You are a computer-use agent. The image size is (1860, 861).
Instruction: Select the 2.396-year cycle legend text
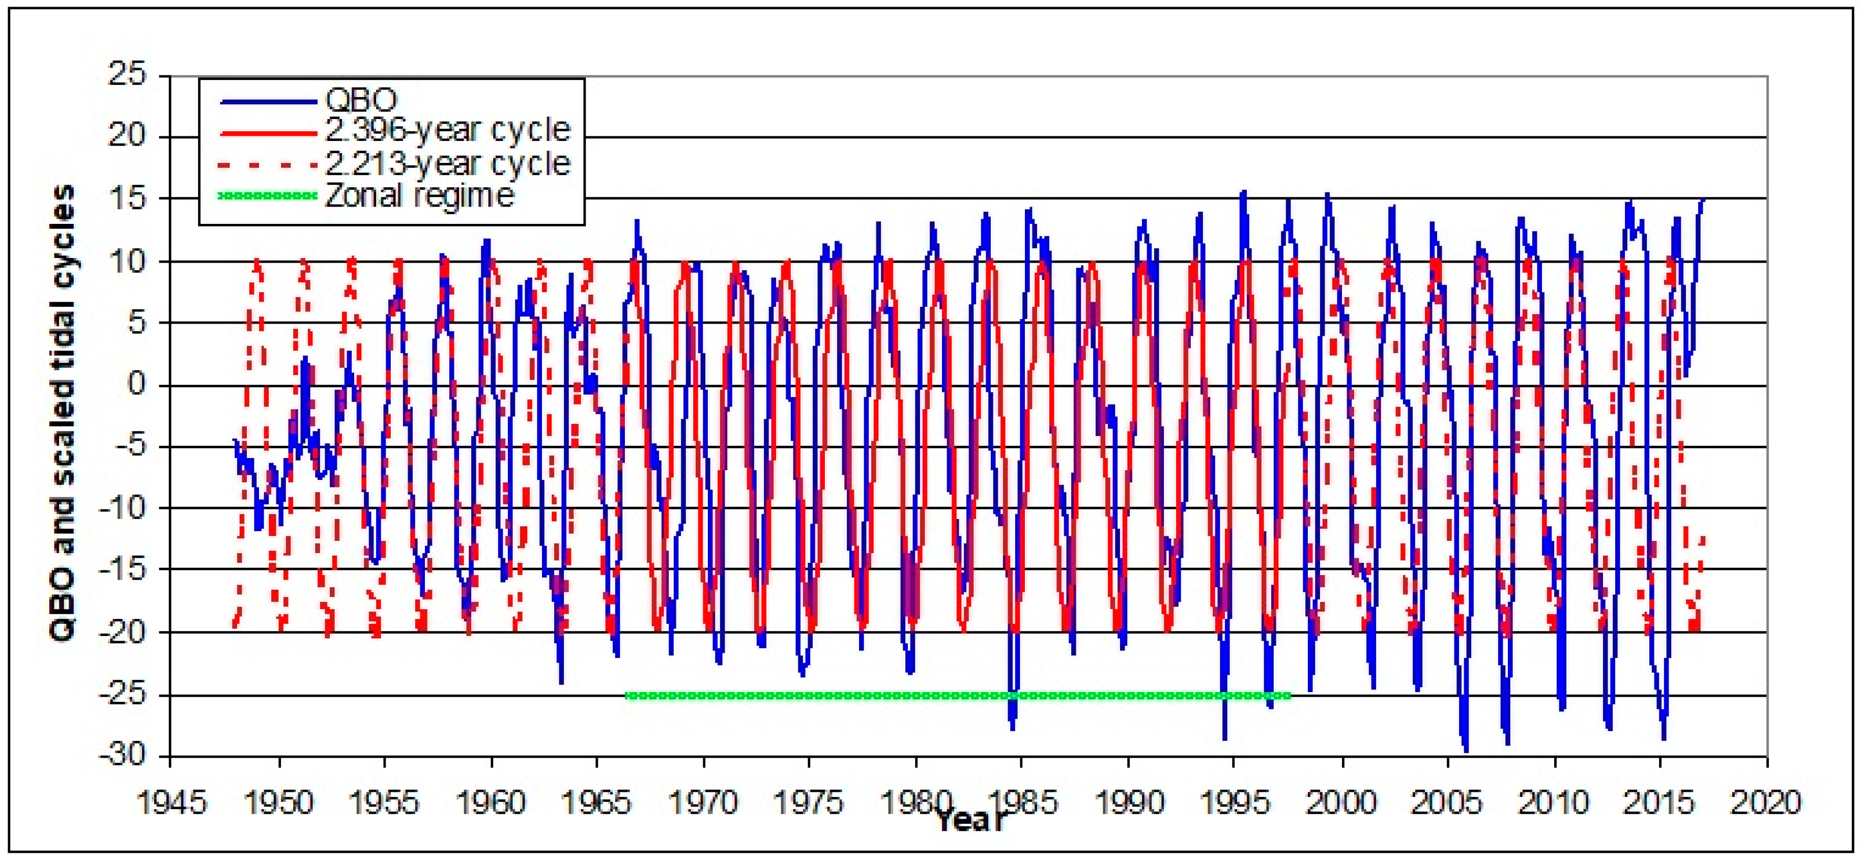448,131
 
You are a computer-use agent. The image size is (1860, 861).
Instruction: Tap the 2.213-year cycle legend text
448,163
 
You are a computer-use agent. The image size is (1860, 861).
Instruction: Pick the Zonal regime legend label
419,195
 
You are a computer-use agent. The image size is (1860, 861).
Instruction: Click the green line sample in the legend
267,195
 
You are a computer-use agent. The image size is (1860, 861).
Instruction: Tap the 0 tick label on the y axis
138,385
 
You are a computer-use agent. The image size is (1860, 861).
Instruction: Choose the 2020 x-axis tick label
1766,802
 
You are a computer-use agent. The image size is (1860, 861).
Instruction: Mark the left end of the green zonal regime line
626,696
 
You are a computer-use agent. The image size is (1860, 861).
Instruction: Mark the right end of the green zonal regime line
1289,696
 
